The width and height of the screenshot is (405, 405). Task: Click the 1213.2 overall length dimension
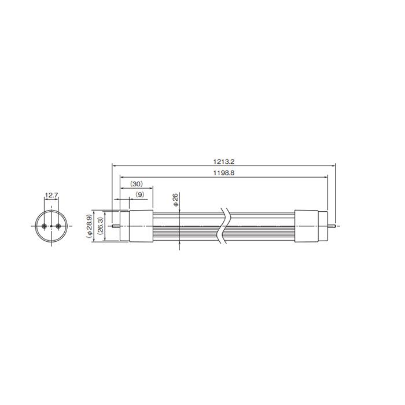(224, 161)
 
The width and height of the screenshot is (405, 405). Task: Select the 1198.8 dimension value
(224, 173)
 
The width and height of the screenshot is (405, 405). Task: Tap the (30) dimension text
(137, 184)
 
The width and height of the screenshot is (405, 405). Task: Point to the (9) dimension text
(140, 194)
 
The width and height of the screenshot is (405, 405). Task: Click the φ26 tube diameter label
(176, 200)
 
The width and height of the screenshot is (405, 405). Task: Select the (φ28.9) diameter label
(89, 227)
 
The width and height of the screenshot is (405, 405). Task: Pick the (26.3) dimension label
(101, 227)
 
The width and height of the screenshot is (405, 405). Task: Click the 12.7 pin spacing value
(51, 195)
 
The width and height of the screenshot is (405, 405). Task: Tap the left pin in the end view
(45, 226)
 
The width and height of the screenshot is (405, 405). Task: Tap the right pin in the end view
(58, 226)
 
